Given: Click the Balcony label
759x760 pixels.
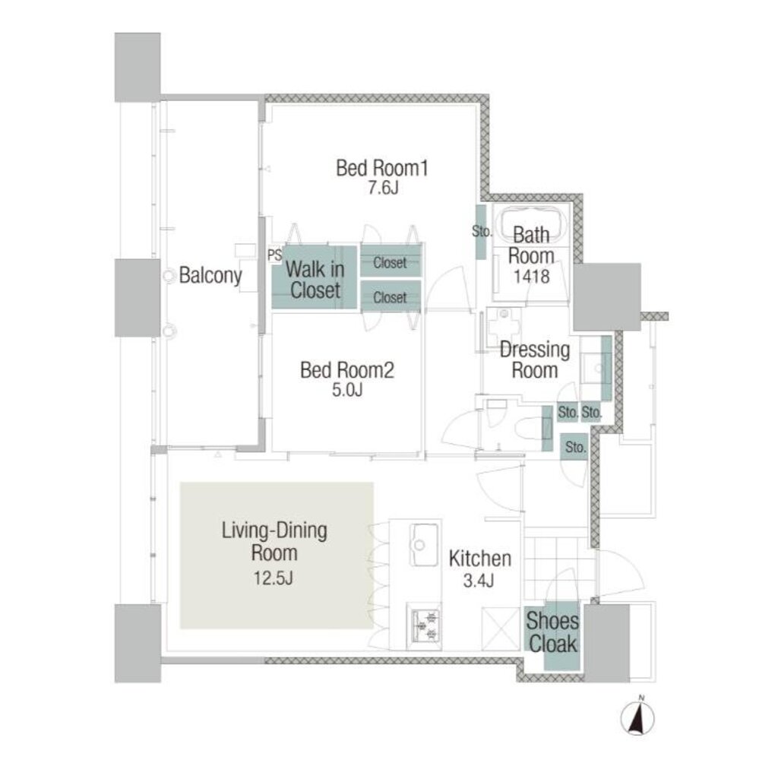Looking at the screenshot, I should (210, 275).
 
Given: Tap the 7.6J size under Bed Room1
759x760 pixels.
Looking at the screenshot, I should (382, 188).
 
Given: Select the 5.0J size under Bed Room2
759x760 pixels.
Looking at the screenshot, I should (346, 391).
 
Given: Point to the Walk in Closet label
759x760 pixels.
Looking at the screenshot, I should (315, 279).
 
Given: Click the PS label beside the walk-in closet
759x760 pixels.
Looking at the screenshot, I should (274, 256).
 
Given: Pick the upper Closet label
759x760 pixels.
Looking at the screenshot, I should (390, 263).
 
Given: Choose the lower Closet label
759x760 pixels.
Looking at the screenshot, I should (390, 298).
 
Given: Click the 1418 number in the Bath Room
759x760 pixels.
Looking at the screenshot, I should (530, 277).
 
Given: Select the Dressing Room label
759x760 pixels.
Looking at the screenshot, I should (534, 360).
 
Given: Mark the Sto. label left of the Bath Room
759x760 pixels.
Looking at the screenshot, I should (482, 232).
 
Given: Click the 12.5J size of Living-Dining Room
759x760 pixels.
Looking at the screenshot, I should (274, 578).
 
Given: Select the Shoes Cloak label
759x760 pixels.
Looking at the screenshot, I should (552, 633).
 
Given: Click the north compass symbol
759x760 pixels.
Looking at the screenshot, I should (640, 717).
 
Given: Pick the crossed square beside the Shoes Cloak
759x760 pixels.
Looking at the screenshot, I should (502, 627).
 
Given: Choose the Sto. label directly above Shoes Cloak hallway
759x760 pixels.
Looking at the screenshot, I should (575, 448).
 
